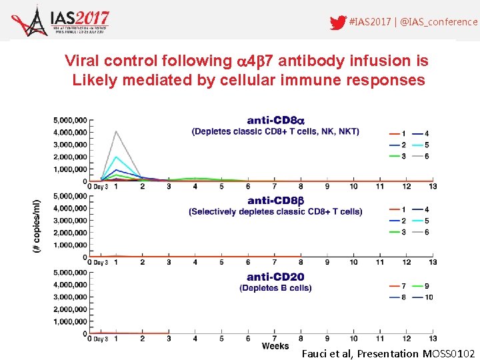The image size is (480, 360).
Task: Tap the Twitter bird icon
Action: pyautogui.click(x=338, y=23)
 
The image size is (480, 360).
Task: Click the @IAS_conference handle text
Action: pyautogui.click(x=440, y=22)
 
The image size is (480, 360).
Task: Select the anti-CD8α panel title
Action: pyautogui.click(x=275, y=121)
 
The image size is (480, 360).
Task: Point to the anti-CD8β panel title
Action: pyautogui.click(x=275, y=201)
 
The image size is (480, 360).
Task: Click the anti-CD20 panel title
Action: pyautogui.click(x=275, y=277)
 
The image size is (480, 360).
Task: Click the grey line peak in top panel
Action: pyautogui.click(x=116, y=131)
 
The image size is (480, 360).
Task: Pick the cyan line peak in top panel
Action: pyautogui.click(x=116, y=157)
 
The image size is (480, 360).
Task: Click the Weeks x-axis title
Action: pyautogui.click(x=275, y=346)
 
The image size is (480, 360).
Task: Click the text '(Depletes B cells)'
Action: pyautogui.click(x=275, y=288)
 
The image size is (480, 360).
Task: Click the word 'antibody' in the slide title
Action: pyautogui.click(x=313, y=61)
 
